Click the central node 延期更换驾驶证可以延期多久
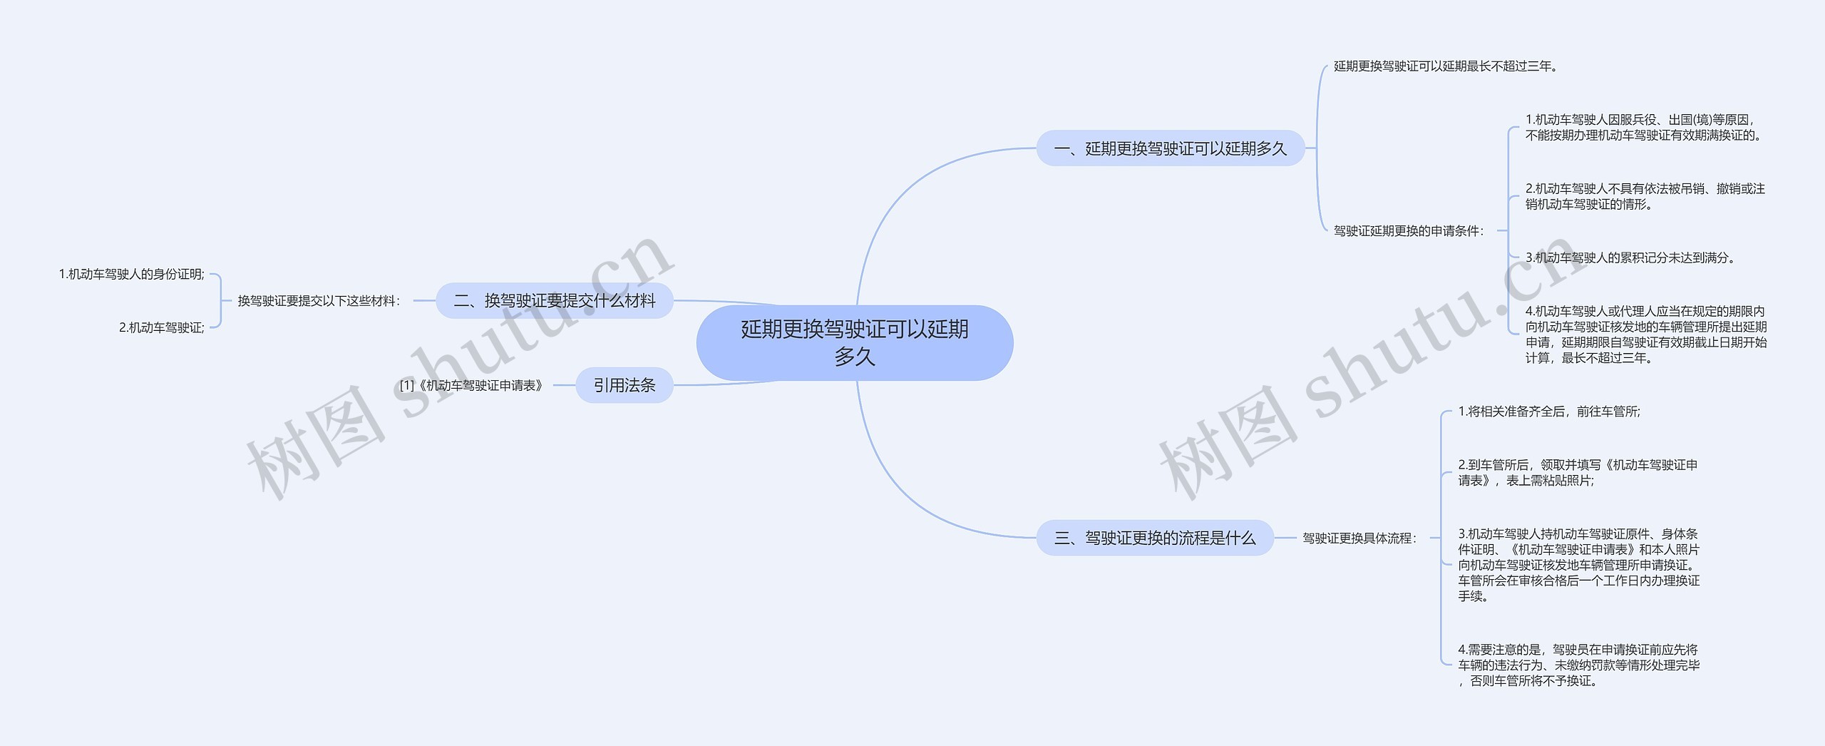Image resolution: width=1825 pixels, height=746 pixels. (854, 342)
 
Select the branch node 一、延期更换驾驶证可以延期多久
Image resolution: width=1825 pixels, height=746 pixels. (1170, 148)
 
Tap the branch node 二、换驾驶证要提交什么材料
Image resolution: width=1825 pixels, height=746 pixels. (554, 301)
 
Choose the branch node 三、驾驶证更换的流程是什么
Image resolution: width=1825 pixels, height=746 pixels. (1154, 538)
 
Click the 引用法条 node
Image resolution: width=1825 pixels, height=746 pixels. (624, 385)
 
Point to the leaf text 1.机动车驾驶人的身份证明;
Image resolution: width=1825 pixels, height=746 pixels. (131, 275)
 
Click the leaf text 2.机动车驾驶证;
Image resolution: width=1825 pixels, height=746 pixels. (161, 328)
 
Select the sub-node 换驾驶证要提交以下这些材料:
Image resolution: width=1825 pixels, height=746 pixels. (319, 301)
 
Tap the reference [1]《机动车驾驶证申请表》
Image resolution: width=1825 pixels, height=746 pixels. (471, 386)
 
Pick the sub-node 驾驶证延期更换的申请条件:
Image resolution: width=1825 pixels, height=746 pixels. (1409, 231)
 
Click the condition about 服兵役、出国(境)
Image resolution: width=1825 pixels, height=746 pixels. (1643, 128)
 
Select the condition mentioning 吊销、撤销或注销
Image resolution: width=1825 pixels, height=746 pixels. (1645, 197)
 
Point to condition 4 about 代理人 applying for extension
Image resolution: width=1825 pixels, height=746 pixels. (1645, 334)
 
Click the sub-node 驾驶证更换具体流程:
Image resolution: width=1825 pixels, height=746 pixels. (1359, 538)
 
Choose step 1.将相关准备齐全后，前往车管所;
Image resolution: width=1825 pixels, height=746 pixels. (1549, 412)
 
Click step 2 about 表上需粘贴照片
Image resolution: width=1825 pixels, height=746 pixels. (1578, 473)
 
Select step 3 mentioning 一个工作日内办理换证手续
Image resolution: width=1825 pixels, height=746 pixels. (1578, 565)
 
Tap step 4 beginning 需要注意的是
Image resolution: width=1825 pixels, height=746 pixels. (1578, 665)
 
